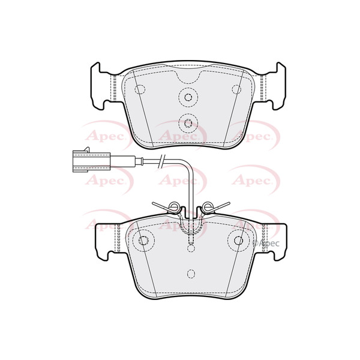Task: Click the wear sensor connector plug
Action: click(91, 161)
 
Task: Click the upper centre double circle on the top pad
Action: click(188, 97)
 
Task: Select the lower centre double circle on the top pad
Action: click(188, 123)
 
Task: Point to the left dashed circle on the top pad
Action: click(140, 89)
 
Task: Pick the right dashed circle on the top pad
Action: click(236, 89)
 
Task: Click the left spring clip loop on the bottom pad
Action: click(173, 206)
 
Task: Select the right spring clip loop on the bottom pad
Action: click(208, 206)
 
